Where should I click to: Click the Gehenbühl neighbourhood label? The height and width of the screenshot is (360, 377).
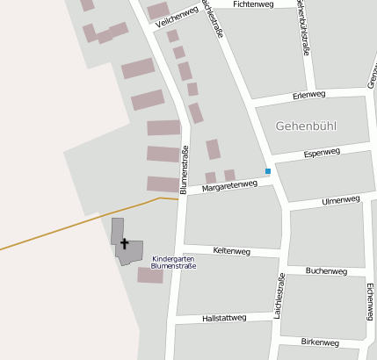click(306, 126)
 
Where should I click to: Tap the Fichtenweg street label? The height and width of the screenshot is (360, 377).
click(254, 4)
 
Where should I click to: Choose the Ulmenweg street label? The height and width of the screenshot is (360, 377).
click(342, 200)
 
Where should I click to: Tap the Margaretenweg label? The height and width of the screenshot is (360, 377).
click(229, 185)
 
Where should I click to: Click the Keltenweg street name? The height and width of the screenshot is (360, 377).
click(232, 251)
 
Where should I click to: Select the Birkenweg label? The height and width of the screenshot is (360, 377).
click(320, 342)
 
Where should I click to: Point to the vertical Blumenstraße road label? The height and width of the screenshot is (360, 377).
click(185, 169)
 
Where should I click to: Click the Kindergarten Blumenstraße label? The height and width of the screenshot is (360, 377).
click(173, 262)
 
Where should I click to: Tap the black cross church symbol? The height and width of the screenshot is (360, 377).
click(124, 243)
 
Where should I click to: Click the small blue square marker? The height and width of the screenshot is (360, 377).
click(268, 170)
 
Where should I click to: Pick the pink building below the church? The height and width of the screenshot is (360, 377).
click(150, 276)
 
